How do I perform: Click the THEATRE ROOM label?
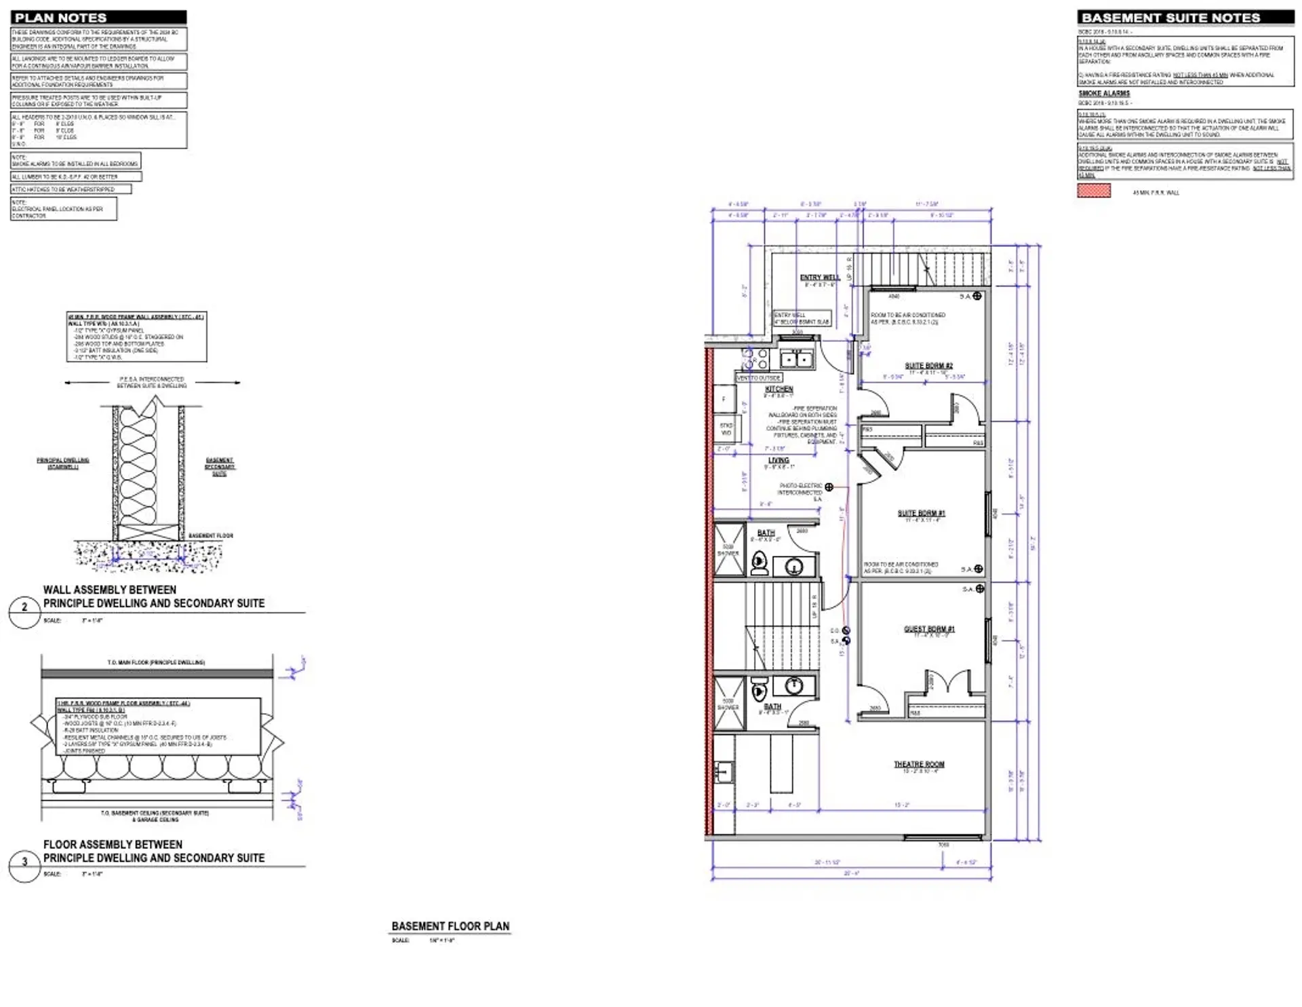919,764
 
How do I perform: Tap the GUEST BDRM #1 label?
929,629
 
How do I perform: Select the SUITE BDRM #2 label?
928,365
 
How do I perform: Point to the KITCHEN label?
778,389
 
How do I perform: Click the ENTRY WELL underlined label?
820,277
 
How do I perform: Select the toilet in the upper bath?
759,563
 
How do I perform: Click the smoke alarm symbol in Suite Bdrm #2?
977,296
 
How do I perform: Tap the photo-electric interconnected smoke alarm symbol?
829,487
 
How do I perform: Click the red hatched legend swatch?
1094,191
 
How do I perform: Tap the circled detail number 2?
24,607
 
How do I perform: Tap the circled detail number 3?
24,862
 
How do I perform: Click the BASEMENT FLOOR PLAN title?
450,926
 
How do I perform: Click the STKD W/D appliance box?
726,429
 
